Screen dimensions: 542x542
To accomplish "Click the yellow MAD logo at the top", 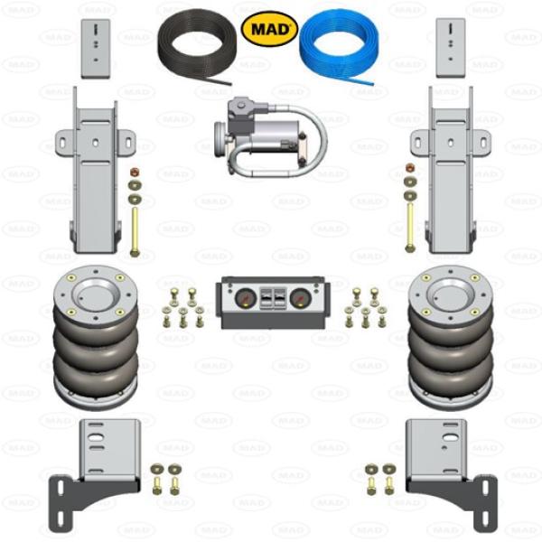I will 269,30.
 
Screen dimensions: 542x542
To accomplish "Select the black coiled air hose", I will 196,52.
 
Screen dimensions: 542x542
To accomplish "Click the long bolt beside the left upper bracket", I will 135,231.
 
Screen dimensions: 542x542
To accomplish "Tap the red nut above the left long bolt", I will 135,171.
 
